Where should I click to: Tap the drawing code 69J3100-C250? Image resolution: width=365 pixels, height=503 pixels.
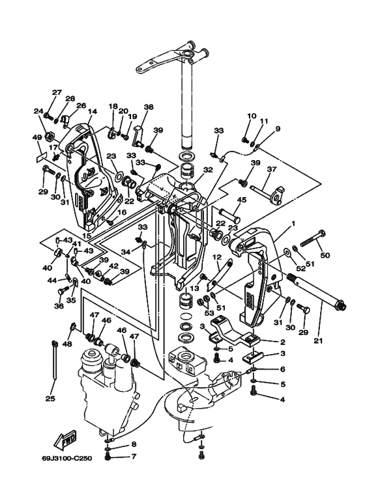[x=67, y=458]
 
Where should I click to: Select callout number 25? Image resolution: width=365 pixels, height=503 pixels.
[x=50, y=399]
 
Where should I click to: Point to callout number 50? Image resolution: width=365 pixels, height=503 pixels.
[x=325, y=255]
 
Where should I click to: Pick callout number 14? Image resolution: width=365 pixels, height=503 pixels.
[x=92, y=111]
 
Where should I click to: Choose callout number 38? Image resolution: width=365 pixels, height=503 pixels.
[x=149, y=107]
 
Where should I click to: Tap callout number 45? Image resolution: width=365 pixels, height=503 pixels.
[x=242, y=200]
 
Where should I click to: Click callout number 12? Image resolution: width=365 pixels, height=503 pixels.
[x=217, y=257]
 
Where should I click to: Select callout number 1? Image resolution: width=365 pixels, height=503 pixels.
[x=293, y=223]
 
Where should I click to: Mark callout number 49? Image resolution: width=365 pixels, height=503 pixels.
[x=37, y=137]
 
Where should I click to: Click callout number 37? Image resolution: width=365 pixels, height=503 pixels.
[x=272, y=169]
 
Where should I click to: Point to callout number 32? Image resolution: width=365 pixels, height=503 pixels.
[x=208, y=170]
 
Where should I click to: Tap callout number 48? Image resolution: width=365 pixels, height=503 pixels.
[x=68, y=344]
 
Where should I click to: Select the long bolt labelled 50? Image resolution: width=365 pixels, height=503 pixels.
[x=313, y=241]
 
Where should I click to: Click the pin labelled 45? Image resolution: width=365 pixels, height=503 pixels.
[x=229, y=215]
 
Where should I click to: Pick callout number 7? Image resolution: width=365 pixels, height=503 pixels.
[x=134, y=456]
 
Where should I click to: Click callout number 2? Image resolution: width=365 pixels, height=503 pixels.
[x=282, y=342]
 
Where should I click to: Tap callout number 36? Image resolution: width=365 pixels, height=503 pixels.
[x=59, y=306]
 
